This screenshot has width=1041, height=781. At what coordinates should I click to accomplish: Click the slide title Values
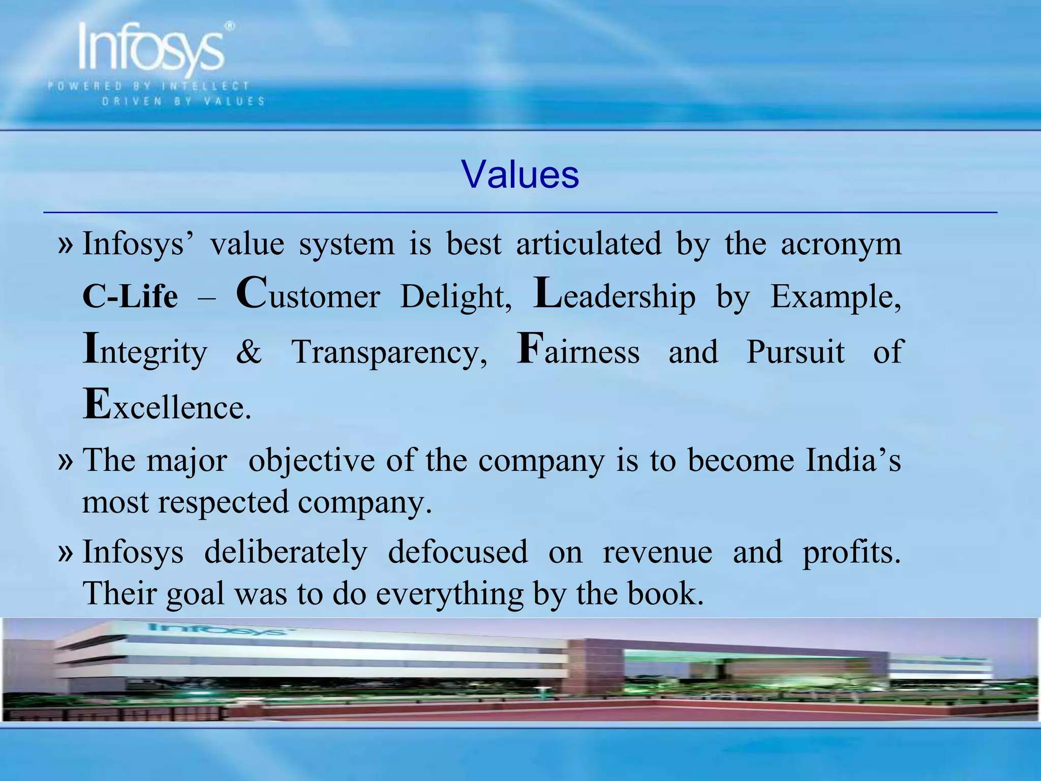tap(520, 175)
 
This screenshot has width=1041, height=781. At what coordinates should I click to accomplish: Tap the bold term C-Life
tap(130, 296)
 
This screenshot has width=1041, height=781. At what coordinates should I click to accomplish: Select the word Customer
tap(308, 295)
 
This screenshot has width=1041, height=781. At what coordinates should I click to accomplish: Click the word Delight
tap(456, 296)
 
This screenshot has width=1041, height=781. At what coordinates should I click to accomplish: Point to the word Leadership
tap(614, 295)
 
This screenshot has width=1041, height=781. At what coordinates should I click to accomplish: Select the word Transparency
tap(389, 352)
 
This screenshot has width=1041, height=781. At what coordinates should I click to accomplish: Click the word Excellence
tap(167, 406)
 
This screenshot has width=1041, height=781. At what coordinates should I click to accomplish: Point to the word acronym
tap(841, 244)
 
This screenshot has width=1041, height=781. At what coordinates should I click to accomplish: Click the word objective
tap(311, 461)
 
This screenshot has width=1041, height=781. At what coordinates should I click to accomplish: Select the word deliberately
tap(286, 552)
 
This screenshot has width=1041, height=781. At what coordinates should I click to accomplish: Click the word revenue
tap(657, 552)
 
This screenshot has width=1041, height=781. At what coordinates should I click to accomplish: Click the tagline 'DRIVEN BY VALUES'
tap(183, 101)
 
